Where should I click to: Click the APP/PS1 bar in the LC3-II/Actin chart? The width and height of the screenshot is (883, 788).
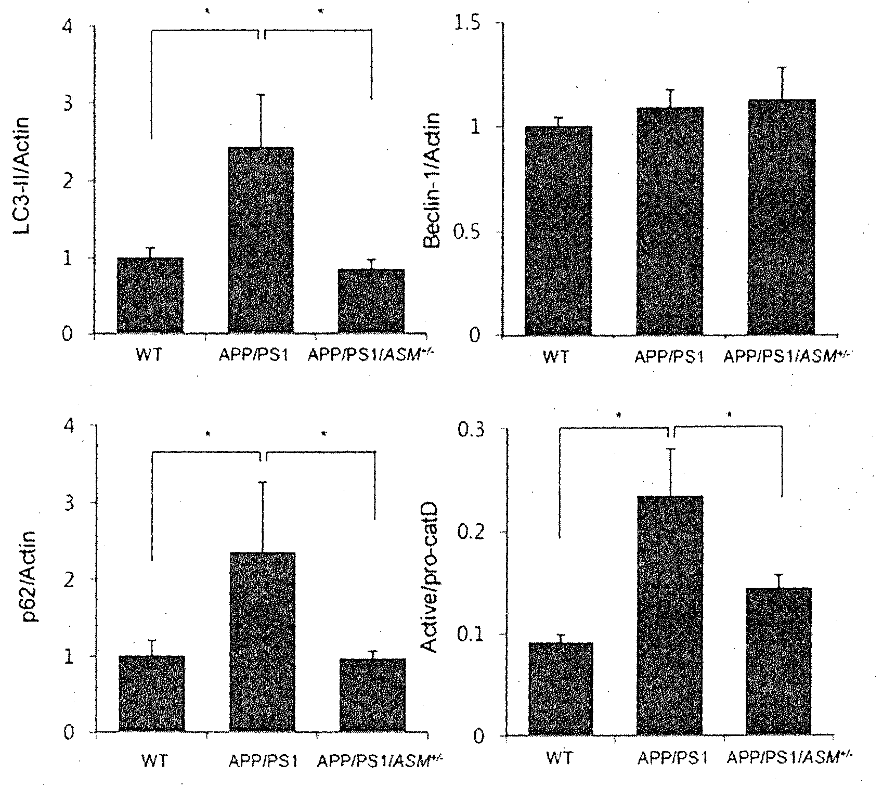[261, 240]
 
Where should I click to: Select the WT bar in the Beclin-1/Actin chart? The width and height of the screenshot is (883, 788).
[559, 230]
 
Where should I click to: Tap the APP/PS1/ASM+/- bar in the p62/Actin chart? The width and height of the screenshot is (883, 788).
[372, 695]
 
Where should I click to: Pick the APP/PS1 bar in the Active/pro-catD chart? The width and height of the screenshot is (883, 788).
[670, 616]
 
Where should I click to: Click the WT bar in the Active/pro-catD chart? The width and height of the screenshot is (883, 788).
[560, 689]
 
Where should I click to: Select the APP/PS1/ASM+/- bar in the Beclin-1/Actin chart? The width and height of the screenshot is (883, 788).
[782, 217]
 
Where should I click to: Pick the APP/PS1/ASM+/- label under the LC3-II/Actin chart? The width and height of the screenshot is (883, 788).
[372, 354]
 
